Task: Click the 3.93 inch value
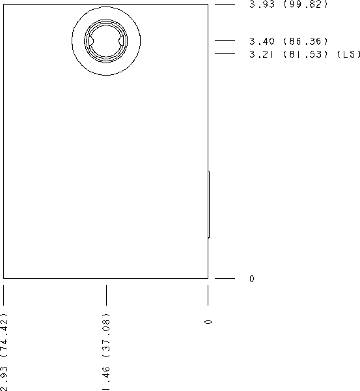click(262, 5)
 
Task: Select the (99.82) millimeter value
click(305, 5)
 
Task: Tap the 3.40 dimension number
click(262, 41)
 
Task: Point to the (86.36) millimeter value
click(305, 41)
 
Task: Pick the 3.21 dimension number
click(261, 54)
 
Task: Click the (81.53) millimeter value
click(305, 54)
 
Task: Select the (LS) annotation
click(349, 54)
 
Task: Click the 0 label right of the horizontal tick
click(252, 278)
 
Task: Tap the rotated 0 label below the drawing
click(208, 322)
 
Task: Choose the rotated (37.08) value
click(106, 335)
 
